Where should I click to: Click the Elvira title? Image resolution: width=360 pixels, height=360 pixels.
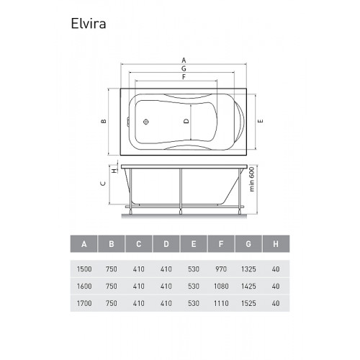pyautogui.click(x=89, y=24)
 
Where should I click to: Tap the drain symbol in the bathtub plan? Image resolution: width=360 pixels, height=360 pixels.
pyautogui.click(x=146, y=122)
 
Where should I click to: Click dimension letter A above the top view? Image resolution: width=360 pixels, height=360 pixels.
pyautogui.click(x=184, y=60)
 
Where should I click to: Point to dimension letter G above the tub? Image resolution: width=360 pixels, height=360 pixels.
pyautogui.click(x=184, y=68)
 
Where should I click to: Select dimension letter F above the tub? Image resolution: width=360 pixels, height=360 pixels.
pyautogui.click(x=184, y=77)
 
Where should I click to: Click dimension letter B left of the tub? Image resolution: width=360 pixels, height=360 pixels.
pyautogui.click(x=104, y=121)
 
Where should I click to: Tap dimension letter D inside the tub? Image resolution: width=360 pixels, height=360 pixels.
pyautogui.click(x=186, y=121)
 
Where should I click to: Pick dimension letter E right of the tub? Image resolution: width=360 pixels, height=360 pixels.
pyautogui.click(x=261, y=121)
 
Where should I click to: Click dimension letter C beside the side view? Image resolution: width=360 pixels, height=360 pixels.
pyautogui.click(x=103, y=184)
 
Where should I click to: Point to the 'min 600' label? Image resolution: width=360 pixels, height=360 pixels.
pyautogui.click(x=251, y=179)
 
